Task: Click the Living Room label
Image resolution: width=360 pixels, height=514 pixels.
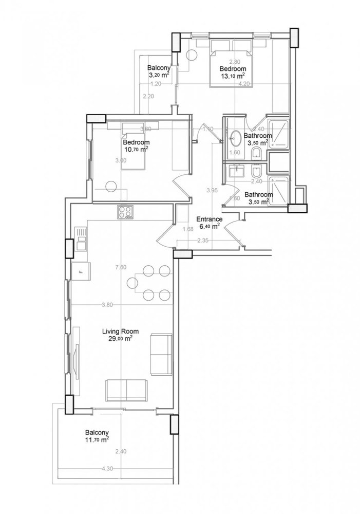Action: (120, 332)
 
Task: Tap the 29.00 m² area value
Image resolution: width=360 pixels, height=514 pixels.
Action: (120, 339)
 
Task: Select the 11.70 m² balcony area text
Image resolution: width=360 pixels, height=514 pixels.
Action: (97, 440)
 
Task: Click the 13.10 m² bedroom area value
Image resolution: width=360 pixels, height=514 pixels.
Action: (233, 76)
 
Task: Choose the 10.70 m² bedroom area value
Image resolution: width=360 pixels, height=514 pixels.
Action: (136, 150)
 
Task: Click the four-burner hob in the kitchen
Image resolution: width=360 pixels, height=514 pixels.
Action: (124, 211)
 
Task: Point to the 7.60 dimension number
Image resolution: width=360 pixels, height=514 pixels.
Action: (121, 267)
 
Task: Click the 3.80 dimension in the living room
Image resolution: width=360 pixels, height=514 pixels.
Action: (107, 305)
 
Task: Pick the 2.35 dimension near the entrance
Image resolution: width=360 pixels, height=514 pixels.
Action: (202, 240)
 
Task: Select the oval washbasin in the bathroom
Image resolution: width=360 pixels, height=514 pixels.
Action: (236, 138)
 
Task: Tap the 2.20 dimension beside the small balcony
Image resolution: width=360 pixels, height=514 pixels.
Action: (148, 96)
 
